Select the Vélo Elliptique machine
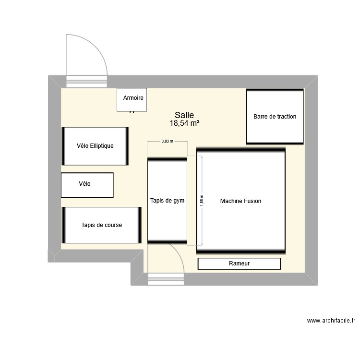point(95,146)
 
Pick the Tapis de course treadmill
point(101,225)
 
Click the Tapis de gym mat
point(167,200)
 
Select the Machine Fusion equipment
point(240,201)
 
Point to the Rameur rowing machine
point(239,264)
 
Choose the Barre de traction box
point(275,116)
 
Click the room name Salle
point(184,115)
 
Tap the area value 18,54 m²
point(184,123)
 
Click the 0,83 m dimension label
point(167,141)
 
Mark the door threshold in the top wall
point(86,81)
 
